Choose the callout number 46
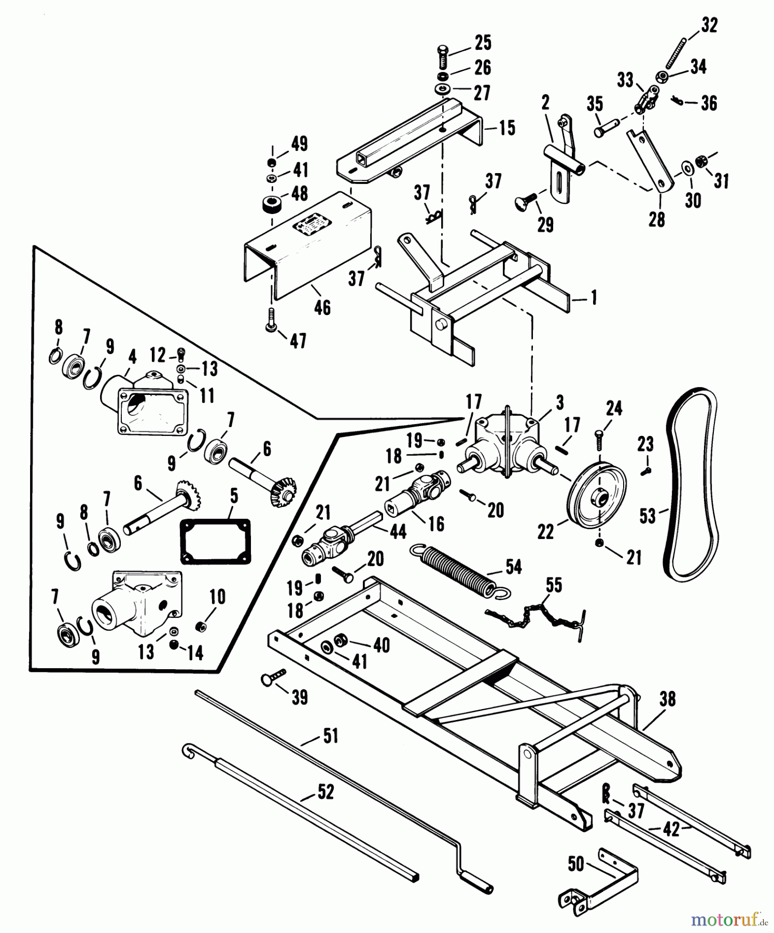pos(322,307)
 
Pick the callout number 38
pos(667,699)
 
